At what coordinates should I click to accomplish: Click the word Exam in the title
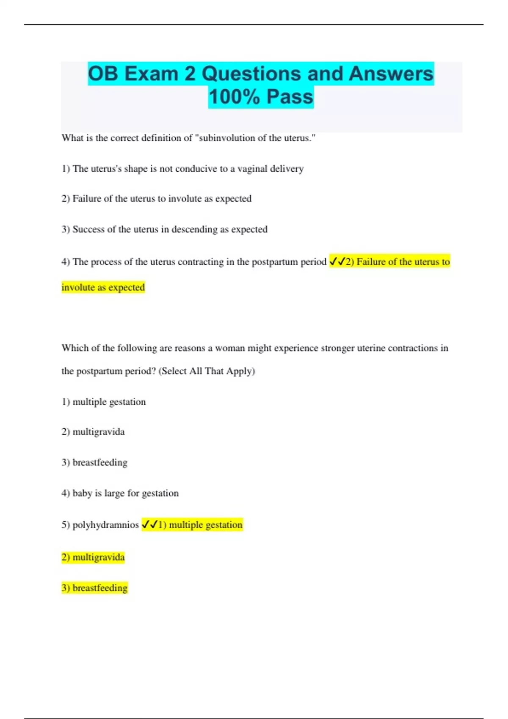point(151,74)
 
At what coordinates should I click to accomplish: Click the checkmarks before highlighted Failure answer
point(337,262)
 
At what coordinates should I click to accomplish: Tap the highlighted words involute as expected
point(103,287)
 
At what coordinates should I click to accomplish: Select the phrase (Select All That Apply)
point(207,371)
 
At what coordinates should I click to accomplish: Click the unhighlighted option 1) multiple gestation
point(104,402)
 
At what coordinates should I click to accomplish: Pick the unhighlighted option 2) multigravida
point(93,432)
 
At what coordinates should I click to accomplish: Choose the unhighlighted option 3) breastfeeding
point(94,462)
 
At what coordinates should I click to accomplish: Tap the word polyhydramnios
point(105,525)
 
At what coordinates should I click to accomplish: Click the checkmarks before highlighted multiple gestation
point(149,525)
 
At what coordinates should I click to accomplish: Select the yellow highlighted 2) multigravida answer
point(93,557)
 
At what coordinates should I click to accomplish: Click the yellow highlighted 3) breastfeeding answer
point(94,588)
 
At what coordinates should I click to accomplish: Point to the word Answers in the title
point(391,74)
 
